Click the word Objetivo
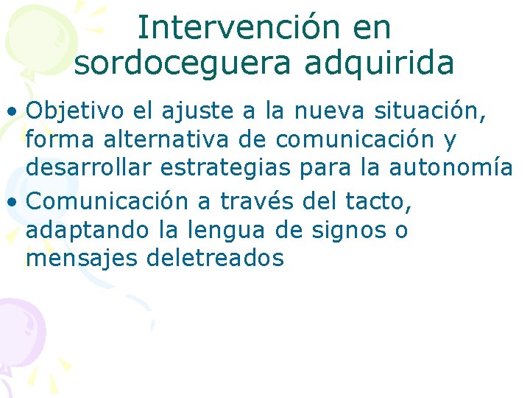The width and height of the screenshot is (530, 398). (76, 111)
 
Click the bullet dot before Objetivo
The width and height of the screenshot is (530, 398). (14, 113)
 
